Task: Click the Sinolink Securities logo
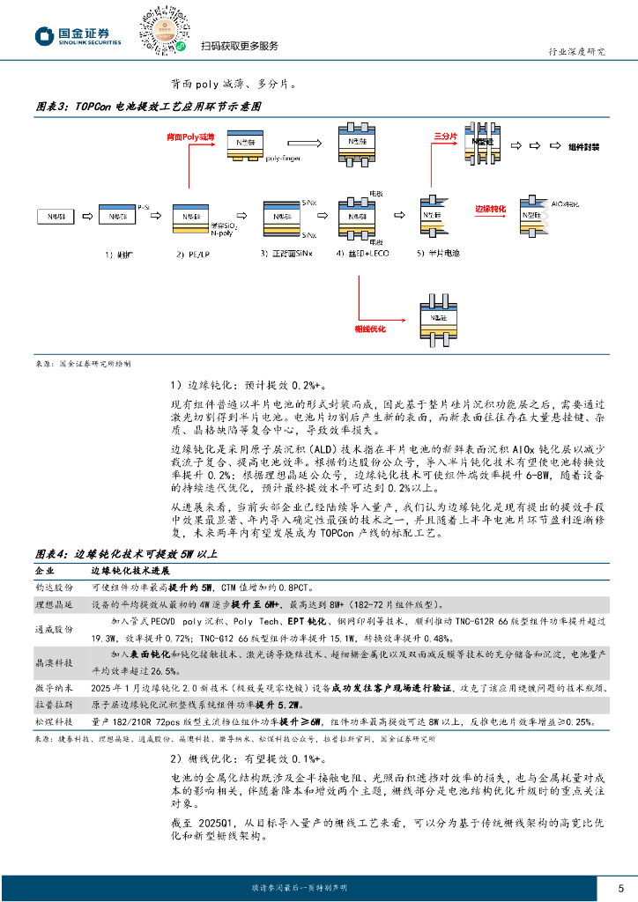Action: (x=78, y=35)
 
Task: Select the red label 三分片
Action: (x=445, y=137)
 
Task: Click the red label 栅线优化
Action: (x=371, y=328)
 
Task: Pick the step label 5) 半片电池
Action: (x=439, y=254)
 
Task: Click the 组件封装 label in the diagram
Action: (x=585, y=147)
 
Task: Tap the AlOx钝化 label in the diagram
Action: (x=565, y=203)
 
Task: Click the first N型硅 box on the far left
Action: (x=56, y=215)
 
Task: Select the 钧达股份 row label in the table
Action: (x=54, y=587)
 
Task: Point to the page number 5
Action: (x=620, y=887)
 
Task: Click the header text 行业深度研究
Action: (x=576, y=51)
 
